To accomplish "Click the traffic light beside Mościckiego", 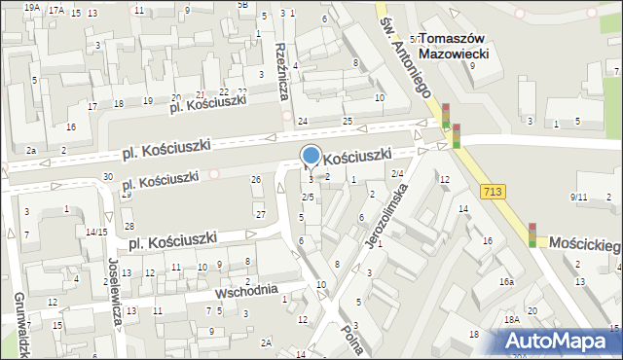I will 532,234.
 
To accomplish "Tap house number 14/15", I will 95,232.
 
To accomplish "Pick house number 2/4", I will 397,173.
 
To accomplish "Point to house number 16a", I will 506,281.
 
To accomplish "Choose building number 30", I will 107,176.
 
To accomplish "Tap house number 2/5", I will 308,198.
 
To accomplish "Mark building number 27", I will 260,214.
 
